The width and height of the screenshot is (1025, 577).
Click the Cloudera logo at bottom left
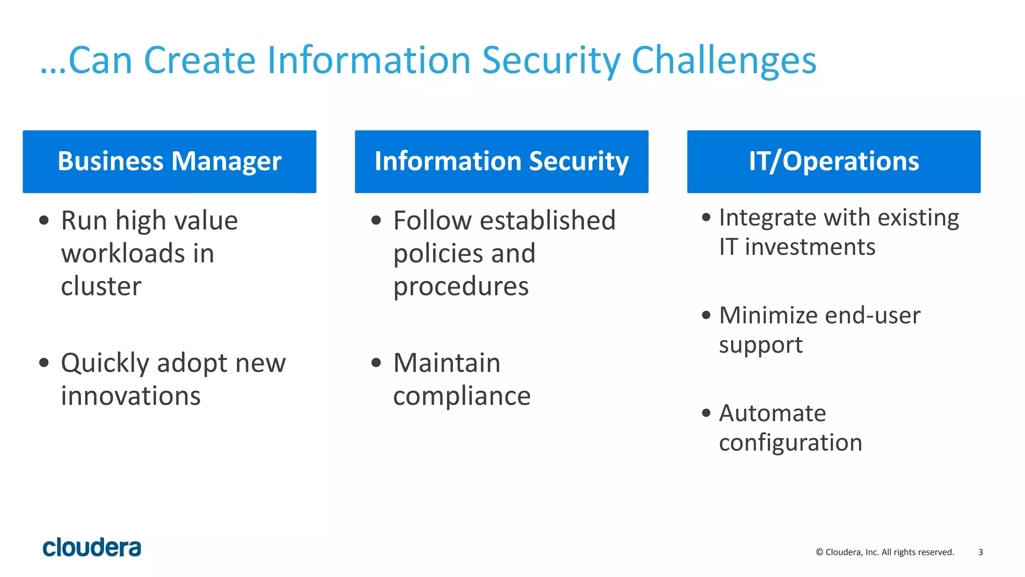92,547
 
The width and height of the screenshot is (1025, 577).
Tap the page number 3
980,552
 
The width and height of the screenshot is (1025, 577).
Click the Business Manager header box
169,161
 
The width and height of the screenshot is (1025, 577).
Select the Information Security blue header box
501,161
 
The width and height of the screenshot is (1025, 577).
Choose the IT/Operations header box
834,161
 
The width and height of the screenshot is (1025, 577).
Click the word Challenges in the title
724,61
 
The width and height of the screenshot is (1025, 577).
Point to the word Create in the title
200,61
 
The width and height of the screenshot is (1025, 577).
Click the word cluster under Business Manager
101,286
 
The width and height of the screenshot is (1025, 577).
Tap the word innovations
131,396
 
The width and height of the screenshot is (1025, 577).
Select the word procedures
461,286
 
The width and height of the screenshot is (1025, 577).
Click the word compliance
461,396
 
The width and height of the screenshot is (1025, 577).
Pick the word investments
810,247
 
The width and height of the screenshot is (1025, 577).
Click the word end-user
872,316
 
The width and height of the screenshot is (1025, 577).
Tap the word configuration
790,443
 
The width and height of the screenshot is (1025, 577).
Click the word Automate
772,413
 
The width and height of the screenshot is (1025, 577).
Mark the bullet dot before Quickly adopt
44,362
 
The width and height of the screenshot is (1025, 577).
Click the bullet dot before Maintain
376,362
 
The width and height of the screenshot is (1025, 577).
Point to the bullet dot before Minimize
706,315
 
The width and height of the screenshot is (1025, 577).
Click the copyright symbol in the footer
819,552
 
